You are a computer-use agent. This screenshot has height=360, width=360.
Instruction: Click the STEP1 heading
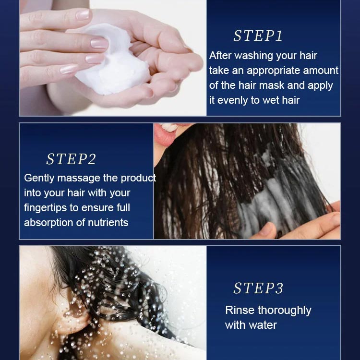[x=258, y=36]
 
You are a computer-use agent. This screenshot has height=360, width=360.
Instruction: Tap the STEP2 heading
[x=71, y=159]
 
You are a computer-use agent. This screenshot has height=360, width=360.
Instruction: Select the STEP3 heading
[x=258, y=288]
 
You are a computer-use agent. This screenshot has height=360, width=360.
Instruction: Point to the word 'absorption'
[x=49, y=223]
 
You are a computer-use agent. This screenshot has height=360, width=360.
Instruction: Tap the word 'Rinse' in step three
[x=239, y=310]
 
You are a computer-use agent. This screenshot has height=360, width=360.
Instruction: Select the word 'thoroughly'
[x=284, y=310]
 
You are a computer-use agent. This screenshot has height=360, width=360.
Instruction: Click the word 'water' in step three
[x=264, y=325]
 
